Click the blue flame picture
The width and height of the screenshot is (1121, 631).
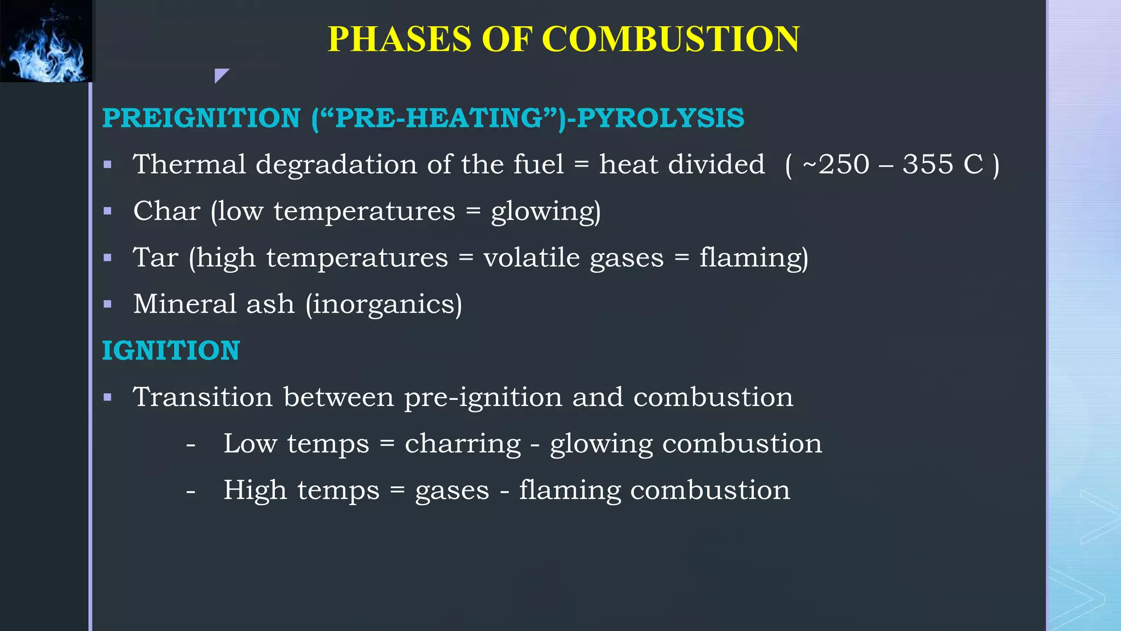[46, 42]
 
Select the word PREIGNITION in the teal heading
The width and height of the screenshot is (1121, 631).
[201, 118]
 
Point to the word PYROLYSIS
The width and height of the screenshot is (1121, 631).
[661, 118]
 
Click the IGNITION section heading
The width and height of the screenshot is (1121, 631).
[171, 351]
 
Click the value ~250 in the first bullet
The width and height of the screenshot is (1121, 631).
[836, 164]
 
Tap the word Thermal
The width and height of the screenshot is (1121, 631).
[189, 164]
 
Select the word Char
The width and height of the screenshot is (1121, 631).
[166, 211]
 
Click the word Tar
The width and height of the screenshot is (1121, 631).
[155, 257]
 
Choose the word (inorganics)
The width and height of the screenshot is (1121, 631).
[384, 305]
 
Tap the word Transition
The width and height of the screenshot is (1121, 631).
[203, 397]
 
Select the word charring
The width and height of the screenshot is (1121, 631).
[463, 444]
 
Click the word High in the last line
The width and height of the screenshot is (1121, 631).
[255, 490]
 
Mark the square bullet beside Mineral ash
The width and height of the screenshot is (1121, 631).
[108, 305]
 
